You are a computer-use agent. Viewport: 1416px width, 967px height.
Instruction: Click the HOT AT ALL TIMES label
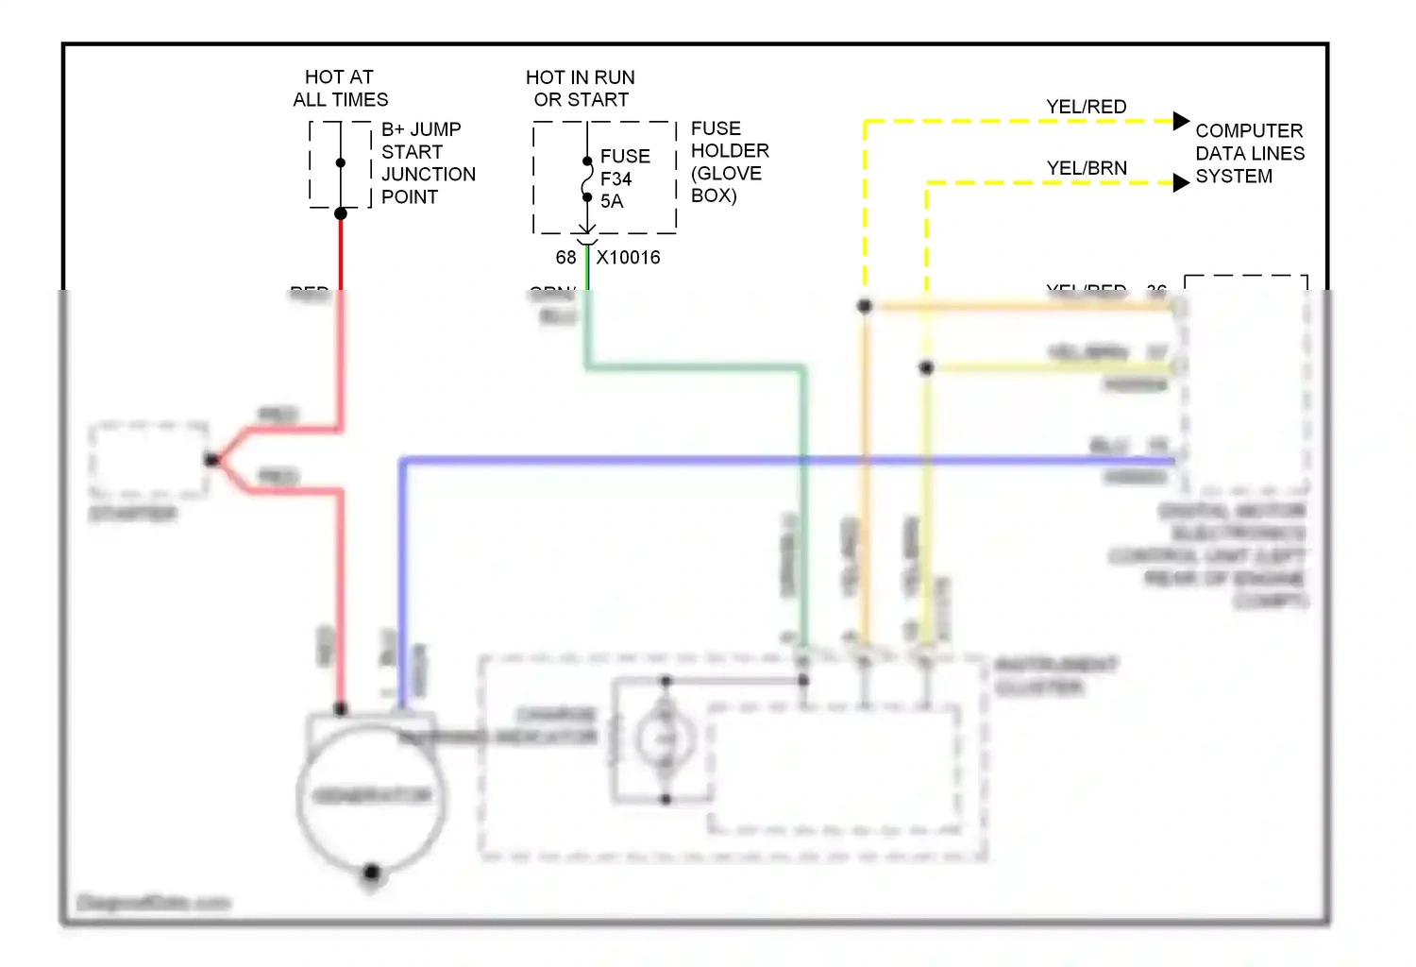(340, 89)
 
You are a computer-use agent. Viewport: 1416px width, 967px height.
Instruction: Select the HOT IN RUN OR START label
(581, 89)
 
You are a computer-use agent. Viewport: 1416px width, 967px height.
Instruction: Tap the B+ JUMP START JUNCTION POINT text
(428, 163)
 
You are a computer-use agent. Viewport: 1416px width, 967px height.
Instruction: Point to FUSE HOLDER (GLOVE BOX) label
(729, 161)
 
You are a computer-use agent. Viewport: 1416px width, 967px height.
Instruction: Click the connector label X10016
(628, 258)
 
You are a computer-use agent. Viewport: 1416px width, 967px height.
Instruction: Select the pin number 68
(565, 258)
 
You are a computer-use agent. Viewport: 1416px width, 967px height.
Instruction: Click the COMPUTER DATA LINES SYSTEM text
(1249, 154)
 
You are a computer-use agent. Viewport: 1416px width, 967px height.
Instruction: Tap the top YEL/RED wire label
(1086, 107)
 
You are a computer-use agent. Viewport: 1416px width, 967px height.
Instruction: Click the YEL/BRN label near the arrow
(1086, 168)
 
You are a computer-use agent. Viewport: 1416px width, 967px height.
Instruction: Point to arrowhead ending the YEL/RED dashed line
(1181, 121)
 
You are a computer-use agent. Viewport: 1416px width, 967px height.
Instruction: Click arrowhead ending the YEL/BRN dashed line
(1181, 183)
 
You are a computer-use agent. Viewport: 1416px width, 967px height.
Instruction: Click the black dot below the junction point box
(341, 213)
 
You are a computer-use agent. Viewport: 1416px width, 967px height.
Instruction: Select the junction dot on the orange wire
(864, 306)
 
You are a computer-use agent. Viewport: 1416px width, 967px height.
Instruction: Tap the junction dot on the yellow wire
(926, 367)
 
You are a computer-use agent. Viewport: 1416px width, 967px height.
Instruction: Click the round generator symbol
(371, 796)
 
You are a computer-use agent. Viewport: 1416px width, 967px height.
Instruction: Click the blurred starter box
(149, 460)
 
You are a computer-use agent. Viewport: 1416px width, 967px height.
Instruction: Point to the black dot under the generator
(371, 872)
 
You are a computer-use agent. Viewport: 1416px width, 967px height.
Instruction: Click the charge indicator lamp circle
(666, 739)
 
